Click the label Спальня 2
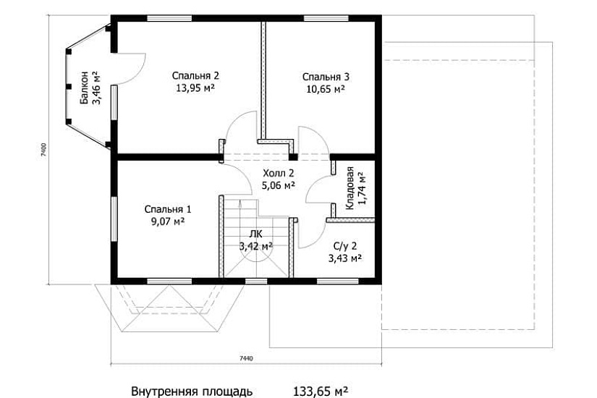[x=195, y=75]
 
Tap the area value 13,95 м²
[x=195, y=88]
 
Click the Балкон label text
[x=85, y=88]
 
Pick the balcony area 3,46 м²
[x=96, y=88]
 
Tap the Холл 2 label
[x=278, y=173]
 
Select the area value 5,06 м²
[x=278, y=185]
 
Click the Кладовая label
[x=350, y=188]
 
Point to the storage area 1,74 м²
[x=361, y=188]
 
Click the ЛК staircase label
[x=255, y=234]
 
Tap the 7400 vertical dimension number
[x=44, y=150]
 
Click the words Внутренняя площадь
[x=192, y=391]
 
